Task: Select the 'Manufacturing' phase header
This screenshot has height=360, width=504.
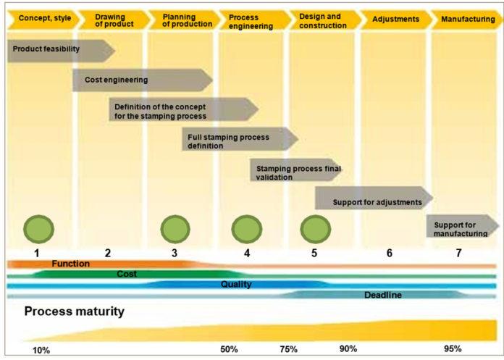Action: click(x=467, y=19)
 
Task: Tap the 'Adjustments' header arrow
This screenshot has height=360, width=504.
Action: click(x=395, y=19)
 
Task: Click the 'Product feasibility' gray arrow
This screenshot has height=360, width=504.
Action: click(x=58, y=50)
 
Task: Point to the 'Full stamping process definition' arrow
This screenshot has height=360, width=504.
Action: click(x=235, y=139)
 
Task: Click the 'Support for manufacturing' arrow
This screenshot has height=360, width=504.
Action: click(x=461, y=225)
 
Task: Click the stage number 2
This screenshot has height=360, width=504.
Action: click(x=107, y=253)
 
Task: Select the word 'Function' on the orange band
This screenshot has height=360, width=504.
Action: click(x=70, y=264)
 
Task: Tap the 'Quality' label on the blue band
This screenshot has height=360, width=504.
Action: click(x=236, y=285)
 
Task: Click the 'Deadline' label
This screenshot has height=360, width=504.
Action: click(x=382, y=295)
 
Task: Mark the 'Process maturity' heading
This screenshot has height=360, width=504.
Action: click(x=75, y=313)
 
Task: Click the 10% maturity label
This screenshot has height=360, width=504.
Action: click(x=41, y=350)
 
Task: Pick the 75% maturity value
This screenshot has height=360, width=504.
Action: click(x=288, y=349)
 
